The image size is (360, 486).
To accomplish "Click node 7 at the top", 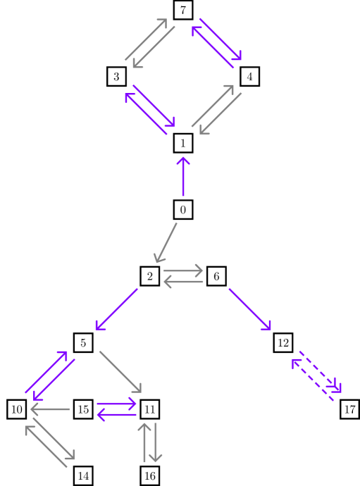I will pos(183,10).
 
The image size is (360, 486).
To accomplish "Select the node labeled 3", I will pos(117,76).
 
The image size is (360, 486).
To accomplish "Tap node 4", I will pos(249,76).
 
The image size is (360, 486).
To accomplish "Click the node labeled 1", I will pos(183,143).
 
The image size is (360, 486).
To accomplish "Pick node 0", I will pos(183,209).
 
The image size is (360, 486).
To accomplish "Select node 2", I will pos(150,276).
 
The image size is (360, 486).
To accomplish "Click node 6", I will pos(216,276).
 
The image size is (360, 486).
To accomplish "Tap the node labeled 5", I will pos(83,343).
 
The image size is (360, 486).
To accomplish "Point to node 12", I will pos(283,343).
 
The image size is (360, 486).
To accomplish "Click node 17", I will pos(349,409).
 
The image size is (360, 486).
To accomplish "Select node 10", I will pos(17,409).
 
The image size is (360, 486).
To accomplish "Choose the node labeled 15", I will pos(83,409).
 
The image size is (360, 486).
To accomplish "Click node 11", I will pos(150,409).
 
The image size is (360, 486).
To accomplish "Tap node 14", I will pos(83,476).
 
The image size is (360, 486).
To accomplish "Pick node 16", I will pos(150,476).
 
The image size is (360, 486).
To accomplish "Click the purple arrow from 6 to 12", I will pos(249,309).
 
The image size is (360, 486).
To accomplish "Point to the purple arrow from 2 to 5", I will pos(117,309).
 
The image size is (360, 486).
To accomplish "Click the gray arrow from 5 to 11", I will pos(120,371).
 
